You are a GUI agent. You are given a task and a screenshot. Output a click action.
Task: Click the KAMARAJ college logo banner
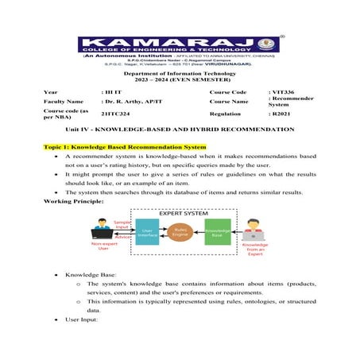180,45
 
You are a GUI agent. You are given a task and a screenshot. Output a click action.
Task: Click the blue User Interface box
147,230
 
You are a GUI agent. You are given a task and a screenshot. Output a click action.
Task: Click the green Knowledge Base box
216,230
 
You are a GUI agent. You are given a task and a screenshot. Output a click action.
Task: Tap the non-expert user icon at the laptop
100,232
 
